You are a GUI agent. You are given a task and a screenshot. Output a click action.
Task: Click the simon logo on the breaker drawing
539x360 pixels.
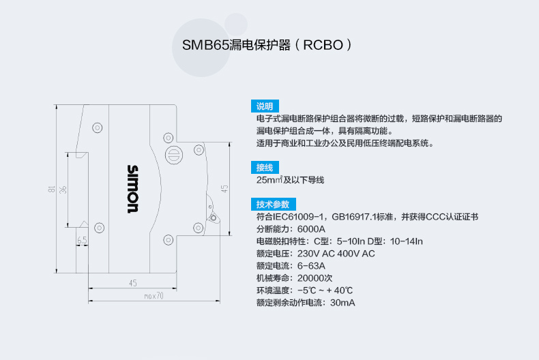[x=133, y=189]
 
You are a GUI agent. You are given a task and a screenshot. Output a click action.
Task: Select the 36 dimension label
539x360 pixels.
[x=63, y=190]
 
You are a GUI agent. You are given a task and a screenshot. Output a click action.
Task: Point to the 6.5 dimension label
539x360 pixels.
[x=82, y=240]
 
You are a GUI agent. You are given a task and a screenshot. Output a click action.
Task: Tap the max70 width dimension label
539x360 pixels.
[x=154, y=296]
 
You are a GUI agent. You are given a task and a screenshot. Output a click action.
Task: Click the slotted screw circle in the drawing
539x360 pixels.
[x=174, y=153]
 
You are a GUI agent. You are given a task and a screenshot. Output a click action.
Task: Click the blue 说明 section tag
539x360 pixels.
[x=264, y=106]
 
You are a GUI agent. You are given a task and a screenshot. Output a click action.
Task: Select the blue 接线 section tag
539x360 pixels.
[x=264, y=168]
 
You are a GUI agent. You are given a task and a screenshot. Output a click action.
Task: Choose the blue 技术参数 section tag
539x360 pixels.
[x=272, y=205]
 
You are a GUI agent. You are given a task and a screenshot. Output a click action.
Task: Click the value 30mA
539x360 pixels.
[x=343, y=303]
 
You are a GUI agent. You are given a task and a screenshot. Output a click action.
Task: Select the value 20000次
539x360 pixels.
[x=315, y=278]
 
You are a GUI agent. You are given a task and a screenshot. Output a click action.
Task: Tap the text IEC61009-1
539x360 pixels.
[x=300, y=217]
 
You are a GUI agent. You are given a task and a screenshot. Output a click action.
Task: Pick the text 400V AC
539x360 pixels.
[x=355, y=254]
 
